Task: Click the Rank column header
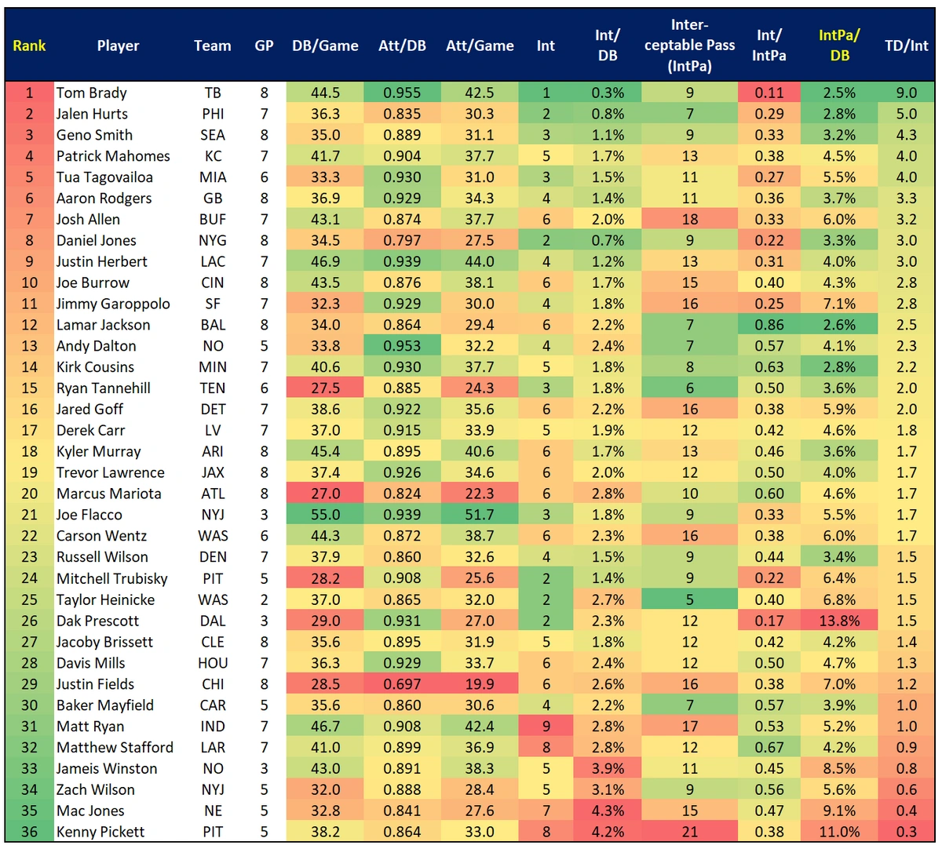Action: pyautogui.click(x=29, y=46)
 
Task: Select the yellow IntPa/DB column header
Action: pyautogui.click(x=839, y=46)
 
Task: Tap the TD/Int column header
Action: pyautogui.click(x=906, y=46)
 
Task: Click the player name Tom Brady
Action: pyautogui.click(x=91, y=93)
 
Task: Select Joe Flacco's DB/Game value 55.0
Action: pyautogui.click(x=325, y=515)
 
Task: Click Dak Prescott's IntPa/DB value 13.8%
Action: pyautogui.click(x=839, y=621)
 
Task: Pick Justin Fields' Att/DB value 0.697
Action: pyautogui.click(x=402, y=684)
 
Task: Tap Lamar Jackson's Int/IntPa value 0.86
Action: pyautogui.click(x=769, y=325)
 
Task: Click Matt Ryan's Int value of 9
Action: pyautogui.click(x=546, y=727)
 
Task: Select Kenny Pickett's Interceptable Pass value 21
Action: pyautogui.click(x=689, y=832)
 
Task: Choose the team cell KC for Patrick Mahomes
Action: pyautogui.click(x=213, y=156)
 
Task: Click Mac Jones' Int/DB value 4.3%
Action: pyautogui.click(x=608, y=811)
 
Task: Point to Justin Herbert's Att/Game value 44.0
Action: pyautogui.click(x=480, y=261)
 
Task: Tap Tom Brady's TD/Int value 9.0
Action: pyautogui.click(x=906, y=93)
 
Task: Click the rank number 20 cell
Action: pyautogui.click(x=29, y=494)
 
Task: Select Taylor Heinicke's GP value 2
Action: pyautogui.click(x=264, y=599)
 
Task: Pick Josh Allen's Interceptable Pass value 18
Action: pyautogui.click(x=689, y=220)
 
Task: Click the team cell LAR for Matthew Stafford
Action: pyautogui.click(x=213, y=748)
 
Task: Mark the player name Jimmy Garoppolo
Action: pyautogui.click(x=113, y=304)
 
